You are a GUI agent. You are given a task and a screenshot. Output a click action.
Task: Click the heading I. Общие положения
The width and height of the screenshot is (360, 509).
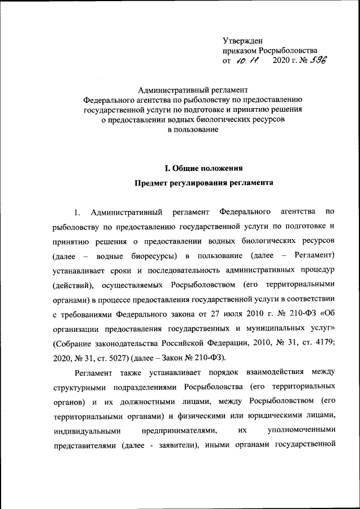click(202, 168)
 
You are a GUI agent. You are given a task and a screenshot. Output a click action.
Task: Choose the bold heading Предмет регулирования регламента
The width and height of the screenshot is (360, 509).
click(204, 183)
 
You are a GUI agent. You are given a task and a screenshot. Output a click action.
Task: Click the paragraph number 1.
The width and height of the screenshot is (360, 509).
click(77, 212)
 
